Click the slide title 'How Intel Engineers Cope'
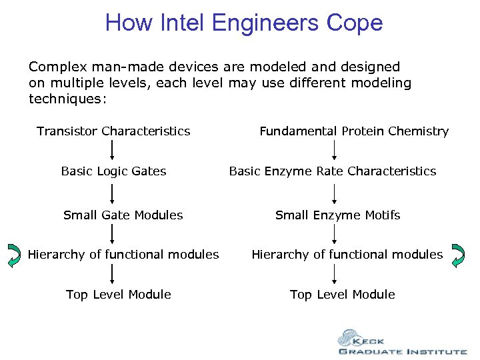[244, 23]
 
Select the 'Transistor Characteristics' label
[113, 131]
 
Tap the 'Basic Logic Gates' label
[113, 171]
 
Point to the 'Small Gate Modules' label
[123, 215]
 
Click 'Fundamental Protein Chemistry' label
[354, 131]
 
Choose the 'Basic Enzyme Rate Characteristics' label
[333, 171]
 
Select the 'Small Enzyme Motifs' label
[338, 215]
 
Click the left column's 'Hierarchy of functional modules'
[123, 255]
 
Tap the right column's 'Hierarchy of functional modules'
[347, 255]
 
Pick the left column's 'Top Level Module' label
[119, 295]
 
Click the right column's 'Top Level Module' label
[343, 295]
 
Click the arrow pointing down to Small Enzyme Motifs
[335, 193]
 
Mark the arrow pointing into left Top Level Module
[112, 275]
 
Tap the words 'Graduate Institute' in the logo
[402, 351]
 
